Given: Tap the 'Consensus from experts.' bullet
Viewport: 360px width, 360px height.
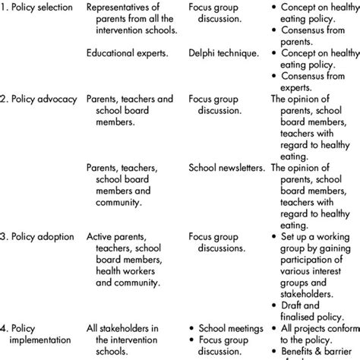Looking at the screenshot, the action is pos(314,81).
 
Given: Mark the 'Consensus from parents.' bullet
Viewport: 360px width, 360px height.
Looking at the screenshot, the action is pos(314,36).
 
